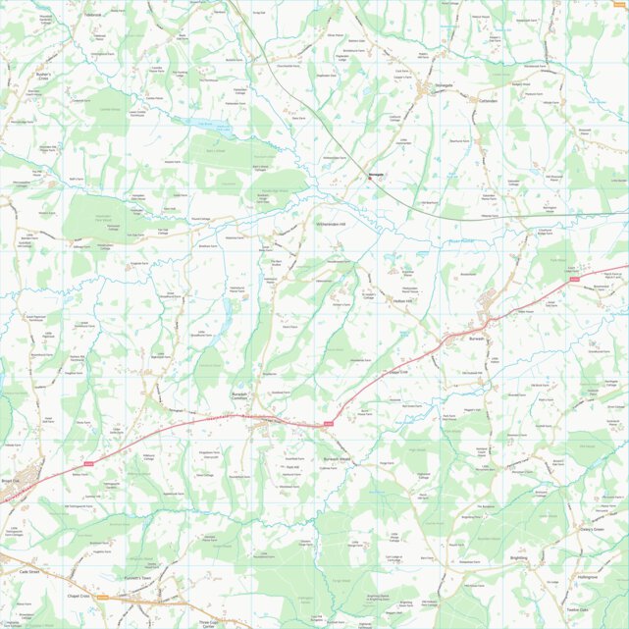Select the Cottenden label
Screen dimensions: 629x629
[x=488, y=100]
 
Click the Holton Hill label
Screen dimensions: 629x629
[x=404, y=300]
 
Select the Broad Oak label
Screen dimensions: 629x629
[x=11, y=481]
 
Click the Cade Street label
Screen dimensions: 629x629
[x=26, y=570]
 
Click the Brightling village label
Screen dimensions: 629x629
[x=518, y=557]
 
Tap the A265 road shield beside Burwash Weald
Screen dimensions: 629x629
[x=329, y=424]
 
